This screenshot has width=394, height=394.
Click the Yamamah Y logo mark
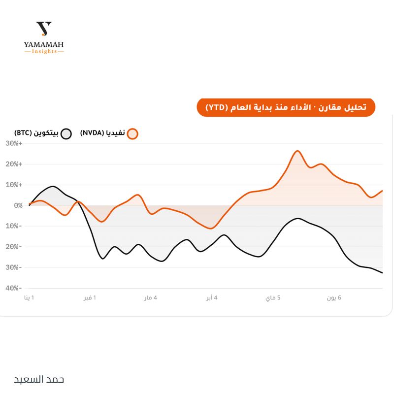coord(44,29)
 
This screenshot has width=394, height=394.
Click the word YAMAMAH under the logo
coord(44,45)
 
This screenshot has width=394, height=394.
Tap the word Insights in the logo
coord(44,51)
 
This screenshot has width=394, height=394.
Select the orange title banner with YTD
coord(286,107)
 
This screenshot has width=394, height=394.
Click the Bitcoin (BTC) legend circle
coord(66,133)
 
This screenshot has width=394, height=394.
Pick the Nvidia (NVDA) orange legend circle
coord(132,133)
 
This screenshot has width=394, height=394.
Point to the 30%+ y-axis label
coord(14,143)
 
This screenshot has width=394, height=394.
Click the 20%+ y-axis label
coord(14,164)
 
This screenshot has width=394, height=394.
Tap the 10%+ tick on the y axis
coord(14,185)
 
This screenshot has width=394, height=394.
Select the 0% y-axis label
coord(18,205)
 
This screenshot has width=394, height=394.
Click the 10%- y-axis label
coord(14,226)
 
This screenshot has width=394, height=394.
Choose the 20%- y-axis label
coord(14,247)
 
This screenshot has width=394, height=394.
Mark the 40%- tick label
coord(14,288)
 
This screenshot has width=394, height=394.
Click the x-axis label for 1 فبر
coord(90,298)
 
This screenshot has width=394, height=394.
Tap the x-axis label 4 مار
coord(151,298)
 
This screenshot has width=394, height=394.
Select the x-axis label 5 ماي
coord(273,298)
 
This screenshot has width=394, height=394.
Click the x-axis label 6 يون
coord(334,298)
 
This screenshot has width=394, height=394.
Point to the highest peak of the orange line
coord(297,151)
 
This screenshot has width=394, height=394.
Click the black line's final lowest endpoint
coord(382,273)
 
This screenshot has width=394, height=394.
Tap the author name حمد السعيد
coord(39,379)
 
